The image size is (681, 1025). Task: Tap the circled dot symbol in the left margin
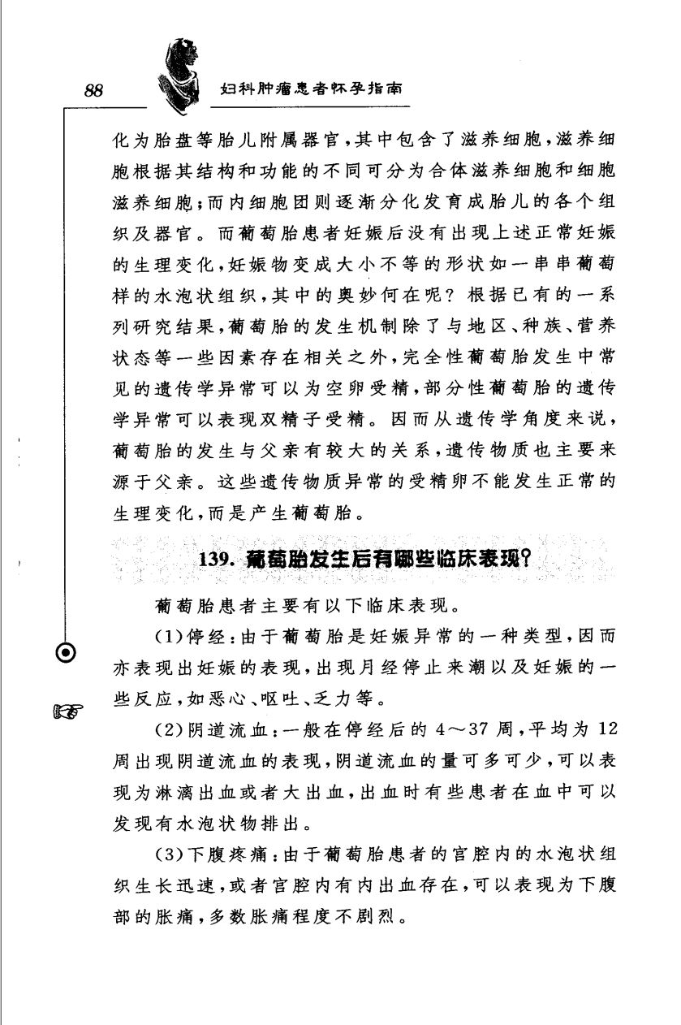(71, 652)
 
